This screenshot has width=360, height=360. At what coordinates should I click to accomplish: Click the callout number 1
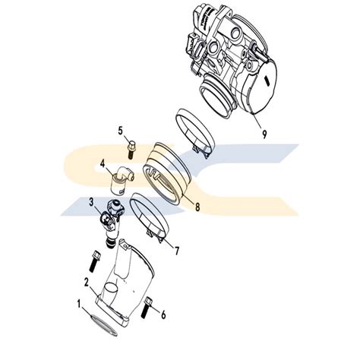point(79,304)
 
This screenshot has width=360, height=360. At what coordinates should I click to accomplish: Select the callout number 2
point(87,283)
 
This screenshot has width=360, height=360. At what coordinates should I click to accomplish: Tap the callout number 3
point(91,202)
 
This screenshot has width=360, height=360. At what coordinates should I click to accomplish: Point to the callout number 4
point(103,163)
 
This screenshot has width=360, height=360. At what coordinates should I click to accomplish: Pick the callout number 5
point(120,131)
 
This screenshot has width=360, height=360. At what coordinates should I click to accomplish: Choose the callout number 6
point(163,315)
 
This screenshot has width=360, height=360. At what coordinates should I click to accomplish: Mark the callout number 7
point(176,251)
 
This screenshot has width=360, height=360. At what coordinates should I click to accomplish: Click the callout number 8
point(197,207)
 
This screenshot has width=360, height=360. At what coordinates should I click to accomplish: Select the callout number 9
point(264,134)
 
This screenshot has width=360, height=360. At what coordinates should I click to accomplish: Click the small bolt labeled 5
point(131,150)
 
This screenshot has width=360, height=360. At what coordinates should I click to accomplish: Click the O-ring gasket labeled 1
point(104,326)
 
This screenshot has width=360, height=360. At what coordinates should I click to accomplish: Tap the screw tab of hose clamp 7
point(155,235)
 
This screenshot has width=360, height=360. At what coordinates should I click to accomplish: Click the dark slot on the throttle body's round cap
point(267,81)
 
